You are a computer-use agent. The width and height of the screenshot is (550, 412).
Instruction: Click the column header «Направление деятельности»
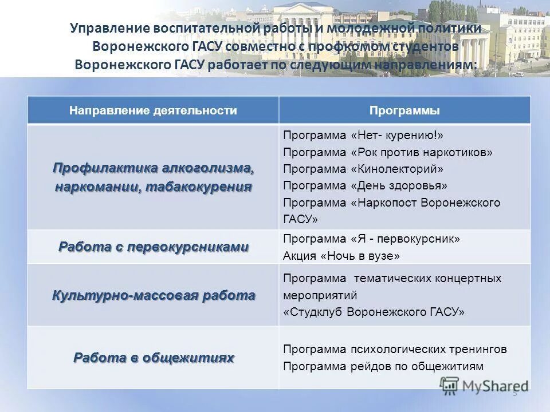coord(153,110)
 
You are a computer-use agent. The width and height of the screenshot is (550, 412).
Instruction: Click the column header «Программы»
coord(404,110)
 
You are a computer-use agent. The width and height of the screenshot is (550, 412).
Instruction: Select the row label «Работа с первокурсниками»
coord(154,247)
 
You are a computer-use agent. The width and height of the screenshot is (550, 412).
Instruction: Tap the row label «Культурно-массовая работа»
coord(154,296)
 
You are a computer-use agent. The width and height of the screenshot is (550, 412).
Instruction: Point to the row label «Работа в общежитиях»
coord(154,358)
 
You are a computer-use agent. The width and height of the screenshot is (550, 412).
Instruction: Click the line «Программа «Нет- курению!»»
coord(363,136)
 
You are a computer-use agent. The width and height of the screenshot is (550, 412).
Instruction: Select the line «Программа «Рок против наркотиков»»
coord(387,152)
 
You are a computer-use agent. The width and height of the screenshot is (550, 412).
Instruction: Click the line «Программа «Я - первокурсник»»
coord(371,239)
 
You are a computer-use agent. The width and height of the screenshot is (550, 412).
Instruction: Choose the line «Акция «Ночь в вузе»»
coord(341,256)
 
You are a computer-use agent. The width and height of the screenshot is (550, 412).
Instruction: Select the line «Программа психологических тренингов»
coord(395,349)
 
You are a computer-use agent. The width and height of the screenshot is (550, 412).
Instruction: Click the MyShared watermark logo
coord(484,386)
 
